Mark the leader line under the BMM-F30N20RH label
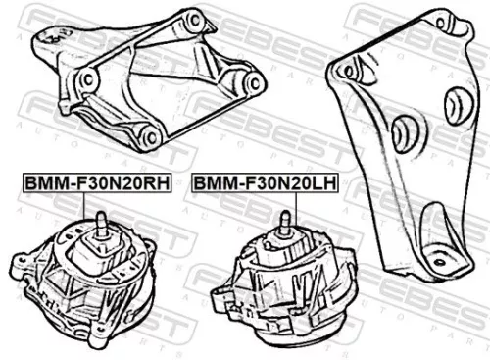(x=100, y=201)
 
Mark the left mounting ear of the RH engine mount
(x=22, y=264)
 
